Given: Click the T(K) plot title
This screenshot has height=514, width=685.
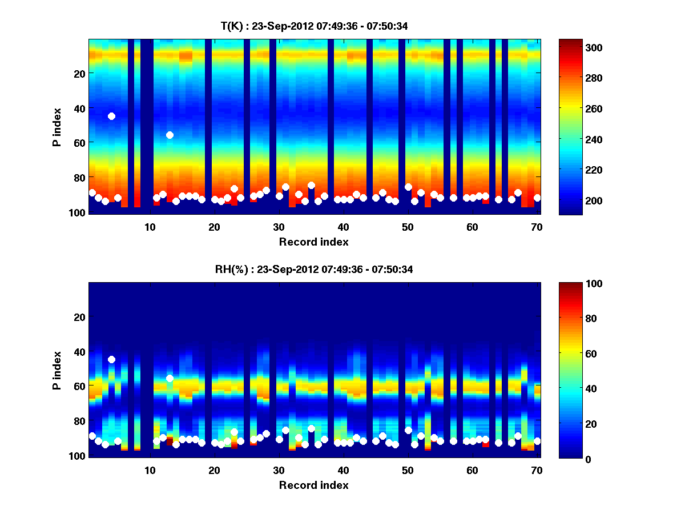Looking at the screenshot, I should tap(313, 26).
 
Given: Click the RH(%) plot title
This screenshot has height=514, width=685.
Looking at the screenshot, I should tap(313, 269).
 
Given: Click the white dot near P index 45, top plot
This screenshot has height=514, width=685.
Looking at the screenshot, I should tap(111, 116).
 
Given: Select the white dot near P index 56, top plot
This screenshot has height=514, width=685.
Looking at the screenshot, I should tap(170, 135).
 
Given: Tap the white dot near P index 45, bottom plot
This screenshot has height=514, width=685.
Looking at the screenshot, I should tap(111, 359).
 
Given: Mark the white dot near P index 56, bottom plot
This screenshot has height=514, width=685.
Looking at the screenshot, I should tap(170, 378).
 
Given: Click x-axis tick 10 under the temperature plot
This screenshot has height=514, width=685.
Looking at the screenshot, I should tap(150, 227).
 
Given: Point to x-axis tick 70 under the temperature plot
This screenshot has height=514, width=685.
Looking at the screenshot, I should tap(537, 227).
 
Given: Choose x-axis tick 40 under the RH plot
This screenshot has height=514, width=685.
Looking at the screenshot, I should tap(343, 470).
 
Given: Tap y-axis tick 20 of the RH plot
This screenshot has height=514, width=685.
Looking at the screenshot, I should tap(79, 316).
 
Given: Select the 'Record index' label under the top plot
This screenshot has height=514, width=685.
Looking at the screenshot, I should tap(313, 242).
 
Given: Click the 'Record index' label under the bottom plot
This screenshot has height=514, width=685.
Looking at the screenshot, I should tap(313, 485).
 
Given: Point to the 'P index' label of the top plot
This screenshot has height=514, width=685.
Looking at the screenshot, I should tap(57, 127).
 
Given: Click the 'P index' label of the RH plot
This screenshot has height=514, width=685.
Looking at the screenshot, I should tap(57, 370).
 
